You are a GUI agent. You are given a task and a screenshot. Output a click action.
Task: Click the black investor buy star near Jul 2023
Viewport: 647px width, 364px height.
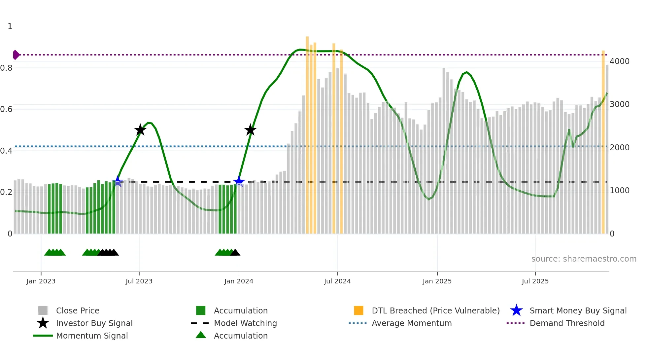click(x=140, y=130)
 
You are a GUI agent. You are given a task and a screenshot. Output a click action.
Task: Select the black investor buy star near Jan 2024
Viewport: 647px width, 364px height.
click(x=250, y=130)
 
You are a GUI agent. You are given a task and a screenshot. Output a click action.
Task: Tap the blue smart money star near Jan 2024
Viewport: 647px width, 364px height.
click(x=239, y=182)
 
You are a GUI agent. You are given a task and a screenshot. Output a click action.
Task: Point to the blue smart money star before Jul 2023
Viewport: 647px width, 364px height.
click(x=118, y=182)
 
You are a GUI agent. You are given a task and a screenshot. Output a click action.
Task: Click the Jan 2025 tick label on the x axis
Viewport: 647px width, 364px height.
click(x=437, y=281)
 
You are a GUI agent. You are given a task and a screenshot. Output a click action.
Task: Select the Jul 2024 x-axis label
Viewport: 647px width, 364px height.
click(x=337, y=281)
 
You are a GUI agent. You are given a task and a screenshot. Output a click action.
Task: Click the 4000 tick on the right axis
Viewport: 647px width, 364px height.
click(x=619, y=61)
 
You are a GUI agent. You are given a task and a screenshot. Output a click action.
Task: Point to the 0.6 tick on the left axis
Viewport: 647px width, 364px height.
click(x=6, y=109)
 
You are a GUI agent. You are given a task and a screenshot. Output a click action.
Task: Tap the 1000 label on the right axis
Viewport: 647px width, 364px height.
click(x=619, y=191)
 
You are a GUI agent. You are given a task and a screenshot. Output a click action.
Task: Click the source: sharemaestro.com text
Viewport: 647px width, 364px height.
click(x=584, y=259)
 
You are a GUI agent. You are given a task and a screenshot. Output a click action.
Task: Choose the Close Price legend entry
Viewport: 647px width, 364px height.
click(x=78, y=310)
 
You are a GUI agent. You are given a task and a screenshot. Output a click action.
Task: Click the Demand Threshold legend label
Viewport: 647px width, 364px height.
click(x=567, y=323)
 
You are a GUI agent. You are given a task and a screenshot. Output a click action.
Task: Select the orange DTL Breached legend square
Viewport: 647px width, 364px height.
click(x=358, y=310)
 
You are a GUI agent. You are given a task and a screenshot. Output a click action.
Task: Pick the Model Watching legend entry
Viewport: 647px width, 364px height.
click(x=245, y=323)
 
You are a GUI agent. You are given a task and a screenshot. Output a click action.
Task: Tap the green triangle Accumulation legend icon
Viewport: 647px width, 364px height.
click(x=201, y=335)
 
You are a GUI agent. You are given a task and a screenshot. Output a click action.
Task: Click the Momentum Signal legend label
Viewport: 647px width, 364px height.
click(x=92, y=336)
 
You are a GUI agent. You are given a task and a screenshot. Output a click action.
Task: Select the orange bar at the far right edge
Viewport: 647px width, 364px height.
click(x=603, y=142)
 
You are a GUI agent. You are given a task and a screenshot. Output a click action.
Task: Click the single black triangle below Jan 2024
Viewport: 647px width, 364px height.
click(x=235, y=253)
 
